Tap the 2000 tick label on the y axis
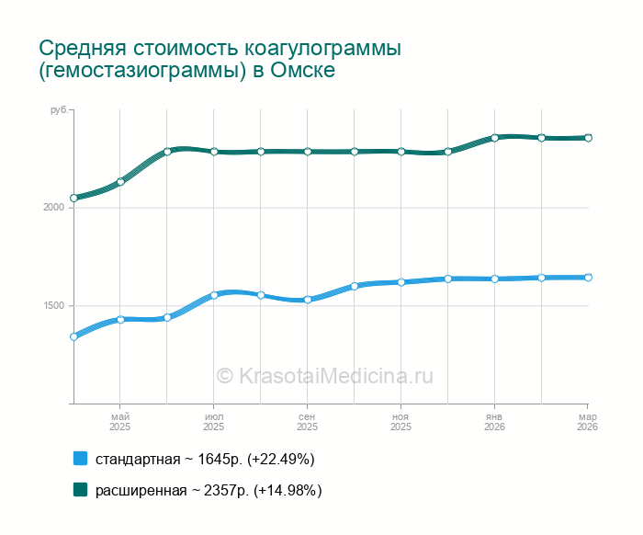point(53,208)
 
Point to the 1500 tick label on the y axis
point(53,306)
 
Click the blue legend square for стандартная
point(80,459)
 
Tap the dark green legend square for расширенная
point(80,490)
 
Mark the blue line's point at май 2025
point(120,320)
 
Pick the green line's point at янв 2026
point(494,138)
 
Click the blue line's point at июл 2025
point(214,295)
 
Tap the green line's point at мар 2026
point(588,138)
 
